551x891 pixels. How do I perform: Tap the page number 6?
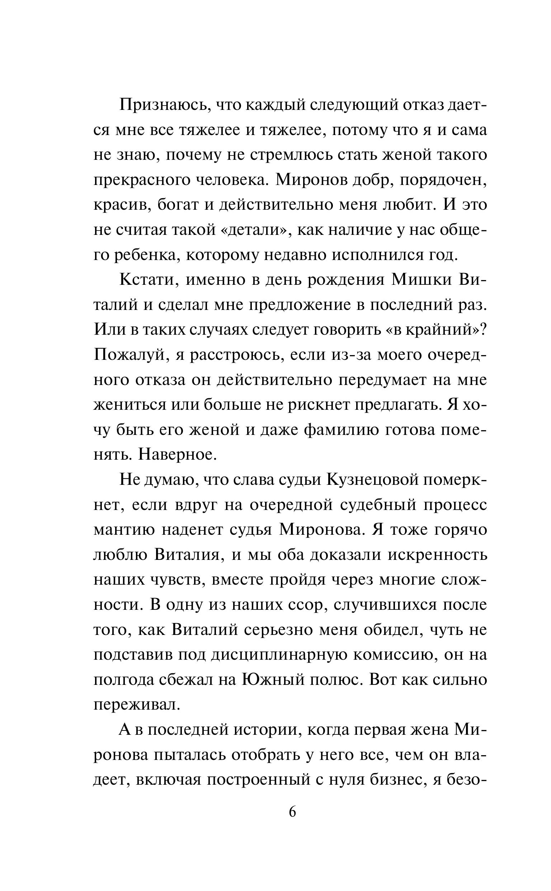click(292, 811)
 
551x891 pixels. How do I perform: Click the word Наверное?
click(178, 455)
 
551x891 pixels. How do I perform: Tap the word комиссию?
click(394, 655)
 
